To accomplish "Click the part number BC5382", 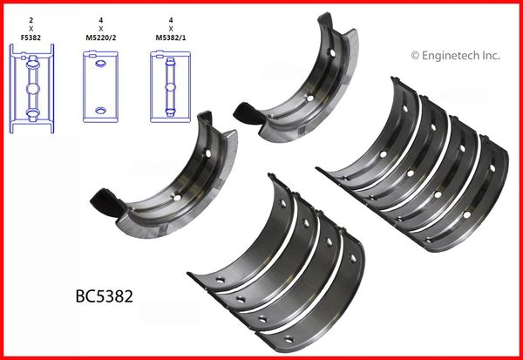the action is [105, 296].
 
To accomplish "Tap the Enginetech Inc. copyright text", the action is [455, 56].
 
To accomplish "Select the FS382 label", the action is [31, 37].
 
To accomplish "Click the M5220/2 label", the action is [101, 37].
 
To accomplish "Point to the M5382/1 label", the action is [171, 37].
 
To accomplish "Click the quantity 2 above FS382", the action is [31, 21].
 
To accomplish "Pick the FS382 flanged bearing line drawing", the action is [31, 88].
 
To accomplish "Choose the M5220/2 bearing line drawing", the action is [100, 86].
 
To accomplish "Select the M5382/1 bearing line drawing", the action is [170, 86].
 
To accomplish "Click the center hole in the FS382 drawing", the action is [33, 89].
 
